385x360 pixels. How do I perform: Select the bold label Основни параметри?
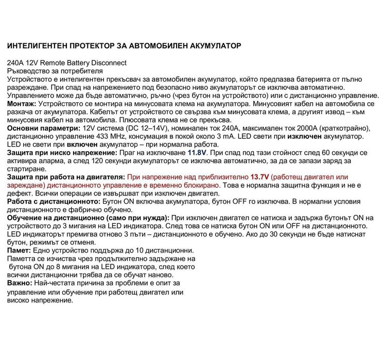pos(43,128)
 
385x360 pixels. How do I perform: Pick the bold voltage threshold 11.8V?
pos(196,153)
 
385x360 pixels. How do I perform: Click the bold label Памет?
pos(20,250)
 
